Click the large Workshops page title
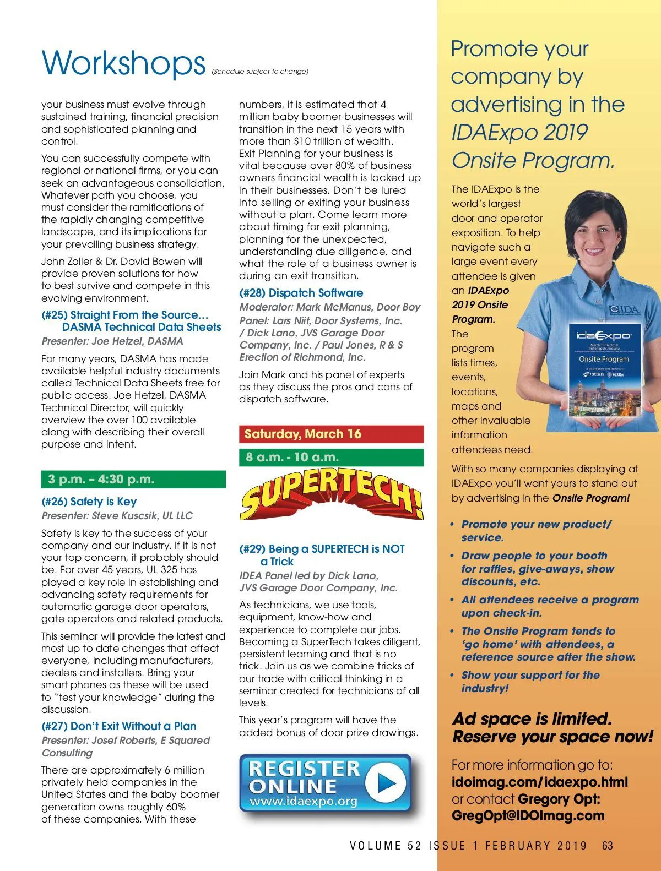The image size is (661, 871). click(123, 63)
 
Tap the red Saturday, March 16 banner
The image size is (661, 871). click(331, 434)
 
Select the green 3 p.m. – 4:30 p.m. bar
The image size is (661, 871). click(133, 479)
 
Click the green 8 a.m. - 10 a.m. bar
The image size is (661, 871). click(331, 458)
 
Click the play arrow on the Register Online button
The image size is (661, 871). click(386, 782)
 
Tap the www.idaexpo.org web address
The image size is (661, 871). click(304, 801)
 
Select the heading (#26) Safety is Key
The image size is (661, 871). click(89, 502)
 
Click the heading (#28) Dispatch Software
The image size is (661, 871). click(301, 293)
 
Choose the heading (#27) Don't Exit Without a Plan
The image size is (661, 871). click(119, 726)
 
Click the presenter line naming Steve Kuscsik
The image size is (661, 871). click(117, 516)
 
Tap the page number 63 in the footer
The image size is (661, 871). click(608, 846)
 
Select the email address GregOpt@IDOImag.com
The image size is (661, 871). click(528, 816)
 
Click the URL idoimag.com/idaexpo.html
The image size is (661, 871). click(540, 782)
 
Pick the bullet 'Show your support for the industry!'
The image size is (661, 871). click(530, 682)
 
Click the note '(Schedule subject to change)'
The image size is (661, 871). click(260, 72)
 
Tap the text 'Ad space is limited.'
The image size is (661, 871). click(532, 718)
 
